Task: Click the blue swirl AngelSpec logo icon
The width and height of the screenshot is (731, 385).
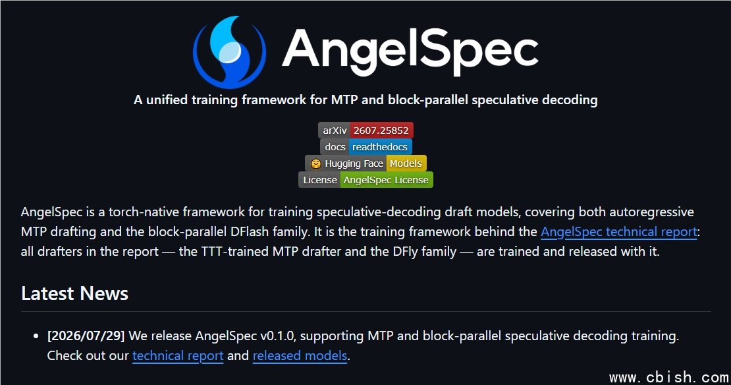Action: (229, 52)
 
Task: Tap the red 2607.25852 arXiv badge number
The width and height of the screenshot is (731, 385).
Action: (381, 131)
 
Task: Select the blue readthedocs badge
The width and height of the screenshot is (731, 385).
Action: (380, 147)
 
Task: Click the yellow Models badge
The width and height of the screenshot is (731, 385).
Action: (406, 163)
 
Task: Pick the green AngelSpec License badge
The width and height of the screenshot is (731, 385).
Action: (386, 180)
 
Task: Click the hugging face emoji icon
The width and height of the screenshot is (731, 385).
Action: (316, 163)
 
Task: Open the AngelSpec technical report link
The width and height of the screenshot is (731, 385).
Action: (618, 232)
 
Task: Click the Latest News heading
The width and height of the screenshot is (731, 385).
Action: (74, 293)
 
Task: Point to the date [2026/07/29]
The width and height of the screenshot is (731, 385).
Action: (86, 336)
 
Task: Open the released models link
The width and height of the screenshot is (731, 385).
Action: (300, 355)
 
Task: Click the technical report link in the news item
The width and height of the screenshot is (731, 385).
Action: (178, 355)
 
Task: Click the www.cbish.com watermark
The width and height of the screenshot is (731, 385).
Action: (669, 377)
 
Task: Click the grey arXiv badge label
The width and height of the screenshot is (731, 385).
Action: (335, 131)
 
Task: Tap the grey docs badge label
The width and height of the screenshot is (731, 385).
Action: (335, 147)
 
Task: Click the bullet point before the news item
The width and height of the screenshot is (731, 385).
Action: (36, 336)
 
